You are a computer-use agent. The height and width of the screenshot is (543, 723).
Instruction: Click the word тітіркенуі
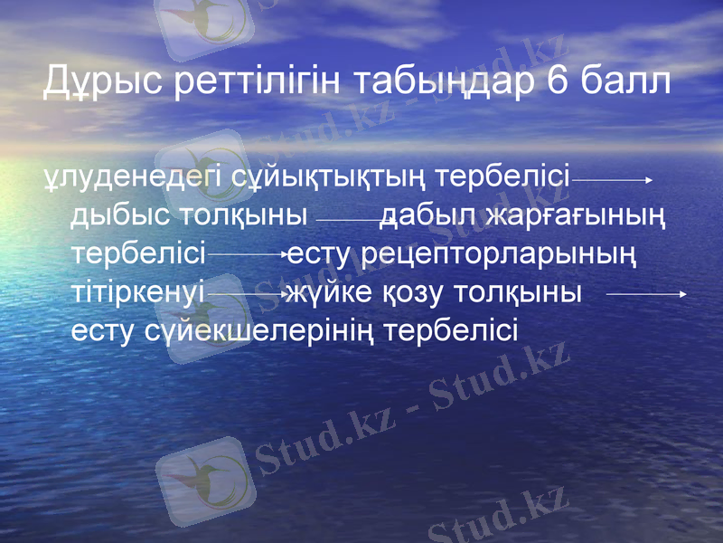pos(138,294)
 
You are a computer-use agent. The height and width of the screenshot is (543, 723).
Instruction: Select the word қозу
pos(401,294)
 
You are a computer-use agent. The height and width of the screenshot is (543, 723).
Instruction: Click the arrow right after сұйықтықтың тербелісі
pos(612,181)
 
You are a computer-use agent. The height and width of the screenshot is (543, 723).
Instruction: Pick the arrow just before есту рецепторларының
pos(246,257)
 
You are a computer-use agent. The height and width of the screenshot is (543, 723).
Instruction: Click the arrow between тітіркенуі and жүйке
pos(246,295)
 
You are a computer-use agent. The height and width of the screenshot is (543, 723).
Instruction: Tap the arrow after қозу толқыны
pos(646,294)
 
